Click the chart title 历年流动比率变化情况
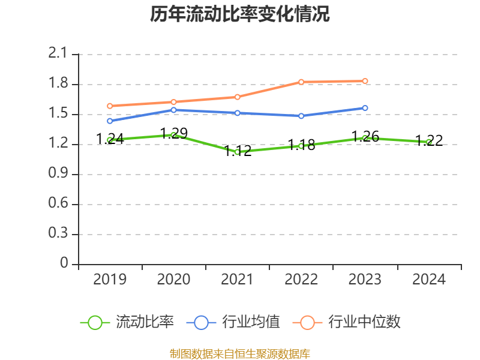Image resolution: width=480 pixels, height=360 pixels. [x=240, y=14]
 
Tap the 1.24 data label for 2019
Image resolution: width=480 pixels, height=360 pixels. [x=110, y=139]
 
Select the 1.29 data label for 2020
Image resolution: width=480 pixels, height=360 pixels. [x=174, y=133]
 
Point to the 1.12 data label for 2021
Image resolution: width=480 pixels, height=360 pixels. [x=238, y=151]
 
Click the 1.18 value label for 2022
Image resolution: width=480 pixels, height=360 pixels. [x=301, y=145]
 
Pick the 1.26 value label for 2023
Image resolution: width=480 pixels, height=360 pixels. [x=365, y=136]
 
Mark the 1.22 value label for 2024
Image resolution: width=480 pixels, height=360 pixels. [x=429, y=140]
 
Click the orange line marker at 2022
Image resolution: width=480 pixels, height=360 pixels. [x=301, y=82]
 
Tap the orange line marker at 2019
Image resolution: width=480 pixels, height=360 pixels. [x=110, y=106]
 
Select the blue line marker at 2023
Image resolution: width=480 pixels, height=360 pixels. [x=365, y=108]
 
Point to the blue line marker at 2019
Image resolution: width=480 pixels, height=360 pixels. [x=110, y=121]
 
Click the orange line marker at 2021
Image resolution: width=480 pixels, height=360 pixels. [x=238, y=97]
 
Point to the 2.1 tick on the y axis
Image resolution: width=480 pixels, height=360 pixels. [x=59, y=54]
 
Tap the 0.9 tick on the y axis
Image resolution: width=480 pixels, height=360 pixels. [x=59, y=174]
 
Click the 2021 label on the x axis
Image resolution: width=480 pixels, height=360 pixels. [x=238, y=280]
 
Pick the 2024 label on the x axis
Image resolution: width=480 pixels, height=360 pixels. [x=429, y=280]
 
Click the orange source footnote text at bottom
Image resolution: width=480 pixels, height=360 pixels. [x=240, y=353]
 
